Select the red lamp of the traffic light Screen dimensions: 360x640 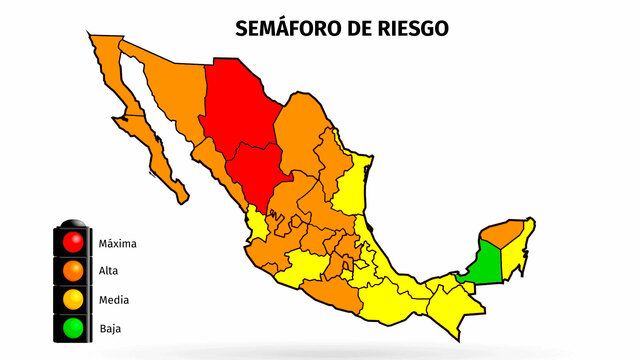click(72, 242)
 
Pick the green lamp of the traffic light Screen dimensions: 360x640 click(72, 326)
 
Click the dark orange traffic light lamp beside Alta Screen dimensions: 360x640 click(72, 270)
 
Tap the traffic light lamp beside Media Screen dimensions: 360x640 click(72, 298)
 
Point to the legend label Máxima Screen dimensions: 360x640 click(118, 243)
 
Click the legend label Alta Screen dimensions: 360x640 click(108, 271)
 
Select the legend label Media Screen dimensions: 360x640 click(112, 299)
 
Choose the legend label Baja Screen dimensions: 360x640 click(110, 327)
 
